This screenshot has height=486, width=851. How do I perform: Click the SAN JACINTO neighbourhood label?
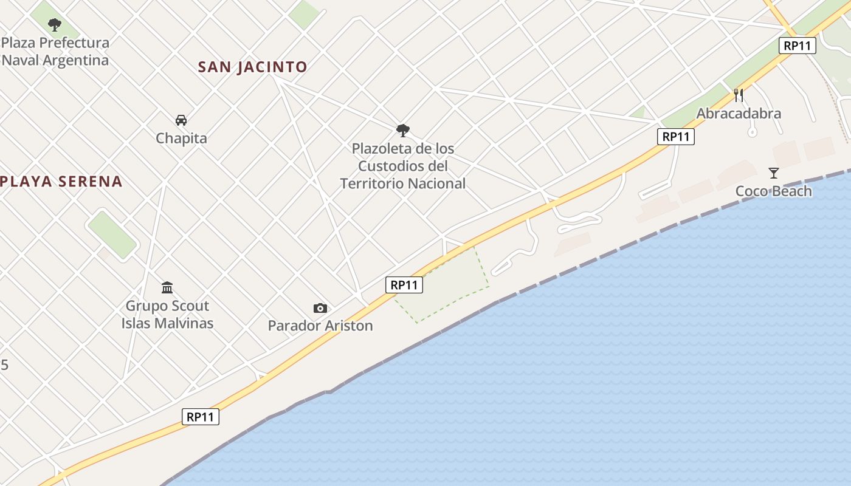point(252,67)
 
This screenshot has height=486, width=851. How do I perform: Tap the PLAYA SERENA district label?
point(61,181)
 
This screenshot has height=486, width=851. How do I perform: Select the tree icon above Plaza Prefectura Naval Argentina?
point(55,25)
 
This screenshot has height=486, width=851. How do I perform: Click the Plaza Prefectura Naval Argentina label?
point(55,52)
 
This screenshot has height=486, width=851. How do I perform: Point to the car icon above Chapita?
point(181,120)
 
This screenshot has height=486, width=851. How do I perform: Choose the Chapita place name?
point(181,138)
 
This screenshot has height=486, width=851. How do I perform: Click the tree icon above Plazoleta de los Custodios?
point(402,130)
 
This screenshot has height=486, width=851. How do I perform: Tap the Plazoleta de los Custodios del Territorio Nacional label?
point(403,166)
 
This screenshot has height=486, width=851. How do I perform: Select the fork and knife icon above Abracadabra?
point(739,95)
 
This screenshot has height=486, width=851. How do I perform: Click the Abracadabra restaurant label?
point(739,114)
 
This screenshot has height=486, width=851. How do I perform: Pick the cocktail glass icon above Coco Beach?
point(773,173)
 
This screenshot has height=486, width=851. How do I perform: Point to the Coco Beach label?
point(773,191)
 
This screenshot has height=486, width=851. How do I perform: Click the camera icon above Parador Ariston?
point(320,309)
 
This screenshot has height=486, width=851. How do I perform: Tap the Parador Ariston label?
point(320,326)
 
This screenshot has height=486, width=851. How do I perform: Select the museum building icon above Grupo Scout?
point(167,287)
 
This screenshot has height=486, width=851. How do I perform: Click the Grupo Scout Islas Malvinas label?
point(167,314)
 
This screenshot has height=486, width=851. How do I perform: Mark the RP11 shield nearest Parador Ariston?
point(404,284)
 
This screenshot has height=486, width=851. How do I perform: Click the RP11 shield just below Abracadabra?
point(675,137)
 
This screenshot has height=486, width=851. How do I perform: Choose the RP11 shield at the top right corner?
point(798,46)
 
